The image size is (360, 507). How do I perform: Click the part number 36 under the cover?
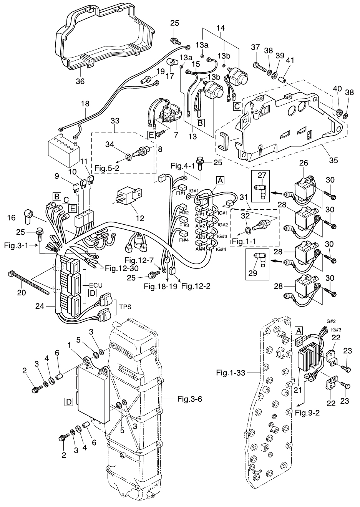coord(80,81)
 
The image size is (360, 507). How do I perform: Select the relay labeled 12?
coord(129,197)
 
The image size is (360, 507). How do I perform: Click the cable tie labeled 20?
coord(28,282)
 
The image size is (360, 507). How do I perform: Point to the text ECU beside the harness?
coord(96,285)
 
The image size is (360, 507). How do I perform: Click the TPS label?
coord(124,307)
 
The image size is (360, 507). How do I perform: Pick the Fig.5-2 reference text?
coord(107,168)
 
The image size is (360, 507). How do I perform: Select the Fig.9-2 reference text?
coord(307,413)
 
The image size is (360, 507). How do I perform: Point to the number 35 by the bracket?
coord(333,160)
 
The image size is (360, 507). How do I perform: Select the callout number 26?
coord(304,163)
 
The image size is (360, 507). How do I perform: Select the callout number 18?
coord(85,104)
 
